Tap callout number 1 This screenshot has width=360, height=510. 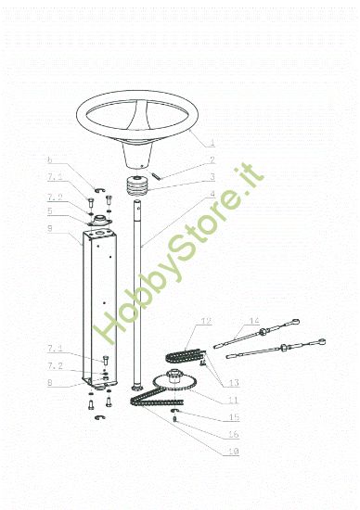212,144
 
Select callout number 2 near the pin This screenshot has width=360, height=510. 212,160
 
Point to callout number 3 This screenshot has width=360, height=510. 212,177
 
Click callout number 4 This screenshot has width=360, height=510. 212,194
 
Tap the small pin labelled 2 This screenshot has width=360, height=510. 159,170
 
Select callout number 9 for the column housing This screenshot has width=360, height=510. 51,228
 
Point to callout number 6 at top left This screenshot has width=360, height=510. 51,159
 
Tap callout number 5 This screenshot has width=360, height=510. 51,210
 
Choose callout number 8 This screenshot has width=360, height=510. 51,380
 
